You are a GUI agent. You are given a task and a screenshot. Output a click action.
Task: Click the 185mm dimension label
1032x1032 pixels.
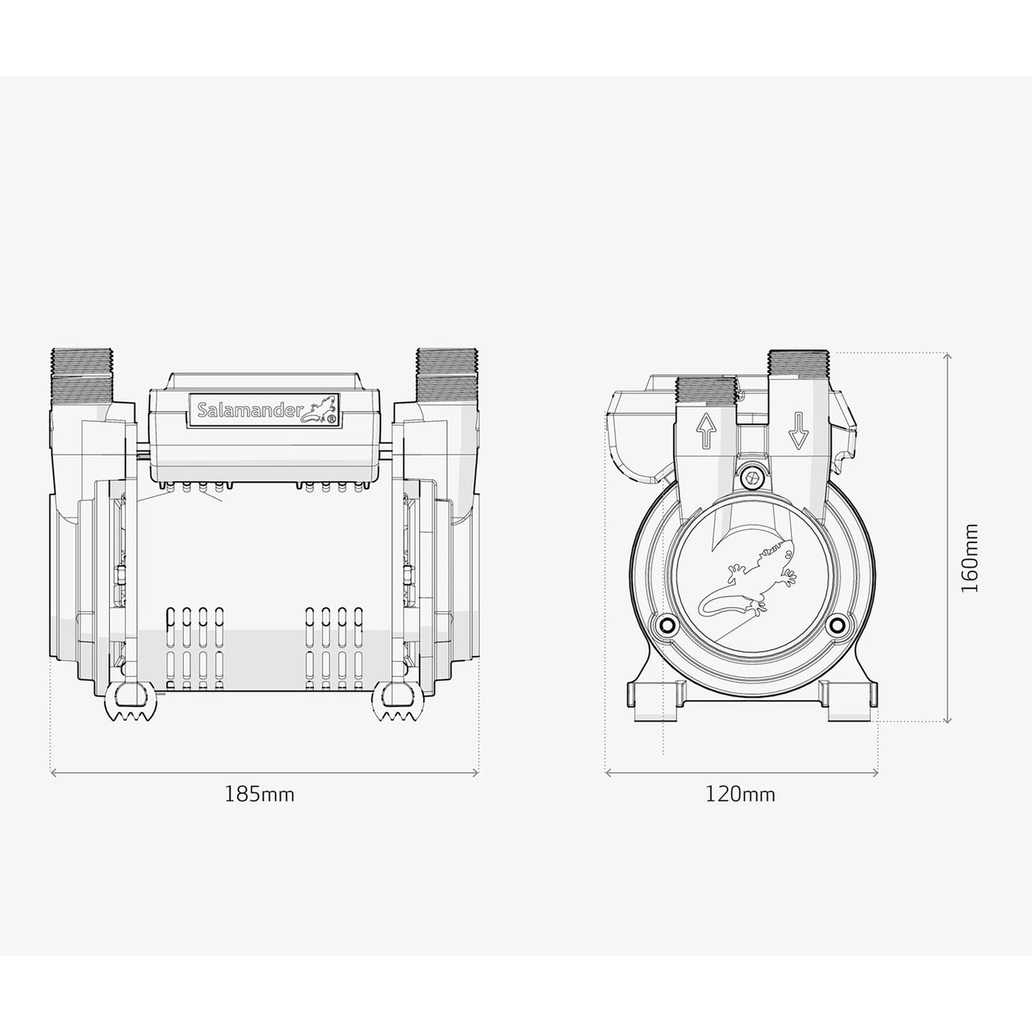click(260, 795)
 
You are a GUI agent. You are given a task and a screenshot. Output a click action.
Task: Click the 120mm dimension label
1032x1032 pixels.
click(740, 795)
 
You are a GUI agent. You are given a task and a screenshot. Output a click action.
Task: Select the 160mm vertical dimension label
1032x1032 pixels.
click(969, 558)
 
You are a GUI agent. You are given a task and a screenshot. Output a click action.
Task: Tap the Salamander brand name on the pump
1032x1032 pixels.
click(249, 410)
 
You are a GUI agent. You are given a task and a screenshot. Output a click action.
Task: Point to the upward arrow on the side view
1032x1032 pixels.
click(705, 431)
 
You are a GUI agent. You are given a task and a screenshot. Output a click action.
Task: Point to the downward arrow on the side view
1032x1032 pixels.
click(798, 431)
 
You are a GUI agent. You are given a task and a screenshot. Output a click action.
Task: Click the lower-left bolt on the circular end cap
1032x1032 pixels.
click(666, 623)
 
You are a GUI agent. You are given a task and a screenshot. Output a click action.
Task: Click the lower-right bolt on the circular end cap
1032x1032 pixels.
click(837, 623)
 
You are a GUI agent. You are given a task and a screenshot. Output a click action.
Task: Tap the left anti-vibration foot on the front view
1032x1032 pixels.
click(131, 702)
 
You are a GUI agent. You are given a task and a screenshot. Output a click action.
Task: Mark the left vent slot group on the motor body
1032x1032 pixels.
click(193, 646)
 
